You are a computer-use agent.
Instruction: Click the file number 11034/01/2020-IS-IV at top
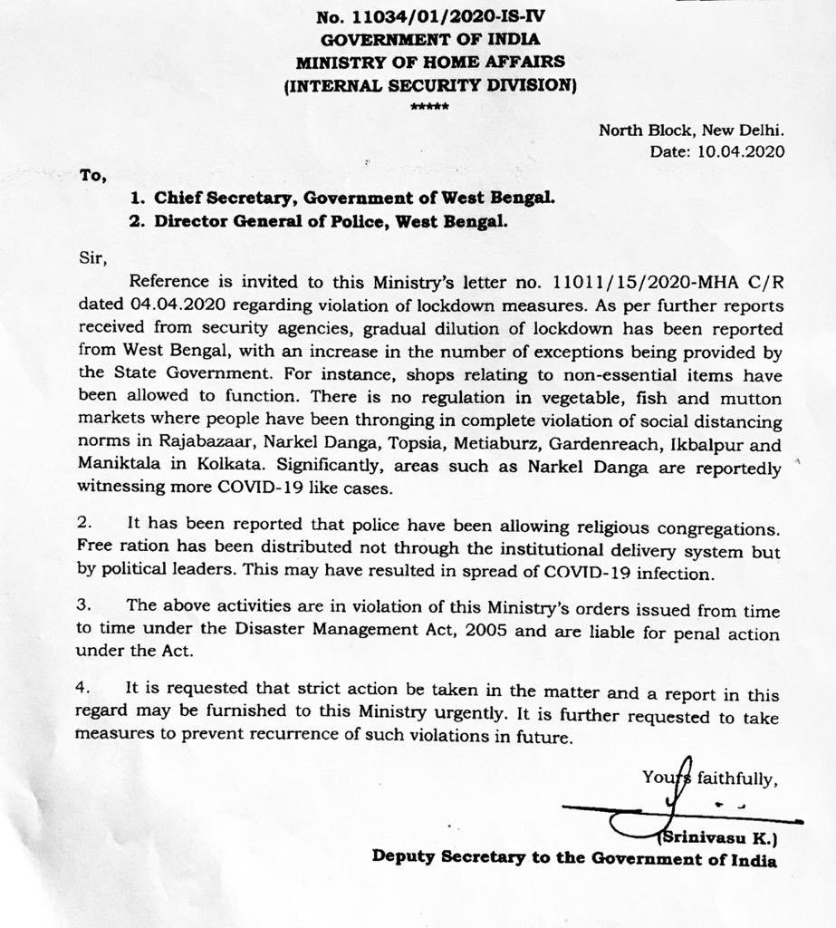pos(447,16)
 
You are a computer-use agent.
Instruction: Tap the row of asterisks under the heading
pos(423,107)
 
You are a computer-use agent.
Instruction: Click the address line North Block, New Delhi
pos(691,130)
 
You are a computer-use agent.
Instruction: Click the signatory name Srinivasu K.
pos(720,834)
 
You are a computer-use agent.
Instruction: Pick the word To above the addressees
pos(92,176)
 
